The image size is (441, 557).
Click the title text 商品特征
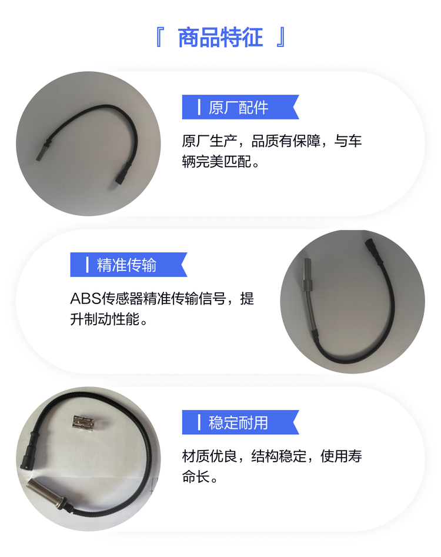[x=220, y=37]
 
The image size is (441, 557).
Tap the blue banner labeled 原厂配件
[x=240, y=107]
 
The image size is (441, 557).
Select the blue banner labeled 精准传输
[x=129, y=265]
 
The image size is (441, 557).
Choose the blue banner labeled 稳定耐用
[x=240, y=422]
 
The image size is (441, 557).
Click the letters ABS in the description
[x=86, y=298]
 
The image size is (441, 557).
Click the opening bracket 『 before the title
[x=159, y=38]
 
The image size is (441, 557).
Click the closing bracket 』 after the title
[x=281, y=38]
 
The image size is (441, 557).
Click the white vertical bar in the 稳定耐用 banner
[x=199, y=422]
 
